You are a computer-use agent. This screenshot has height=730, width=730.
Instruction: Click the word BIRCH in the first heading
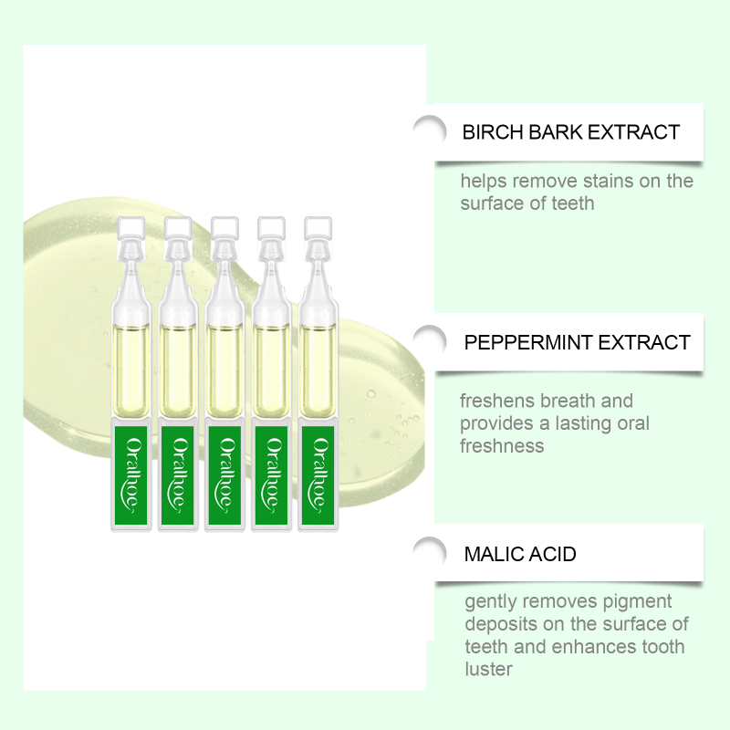point(493,132)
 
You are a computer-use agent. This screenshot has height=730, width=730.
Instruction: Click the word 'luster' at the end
point(488,669)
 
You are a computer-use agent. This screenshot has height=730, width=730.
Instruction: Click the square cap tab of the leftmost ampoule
point(131,229)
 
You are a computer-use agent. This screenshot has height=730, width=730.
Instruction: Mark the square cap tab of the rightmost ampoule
point(318,229)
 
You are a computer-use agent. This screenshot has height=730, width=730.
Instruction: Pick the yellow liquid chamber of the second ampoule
point(178,370)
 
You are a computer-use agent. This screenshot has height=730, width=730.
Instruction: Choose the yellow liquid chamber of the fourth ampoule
point(271,370)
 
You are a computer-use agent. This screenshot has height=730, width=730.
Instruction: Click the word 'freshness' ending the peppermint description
point(502,446)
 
